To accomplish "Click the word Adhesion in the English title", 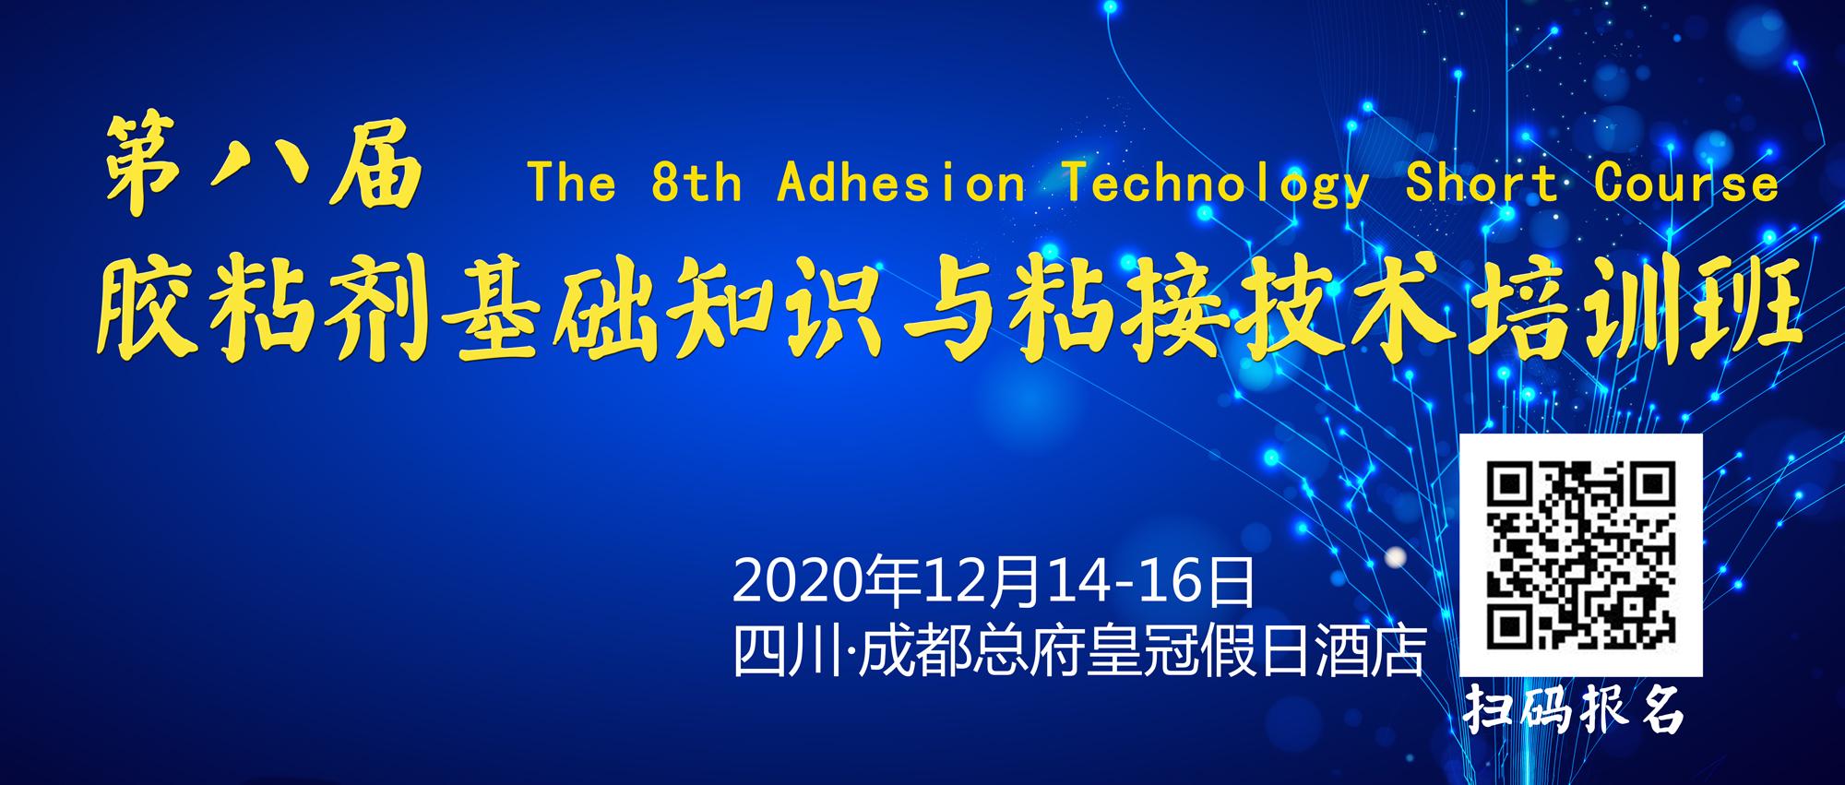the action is point(901,183).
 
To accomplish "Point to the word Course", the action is point(1686,183).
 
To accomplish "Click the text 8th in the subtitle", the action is point(696,182).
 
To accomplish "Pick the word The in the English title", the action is point(571,182).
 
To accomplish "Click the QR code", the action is point(1580,555).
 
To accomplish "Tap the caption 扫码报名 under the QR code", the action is point(1574,709).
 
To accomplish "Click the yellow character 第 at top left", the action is point(143,163).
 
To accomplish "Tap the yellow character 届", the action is point(376,163).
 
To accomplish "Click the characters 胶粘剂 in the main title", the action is point(261,306).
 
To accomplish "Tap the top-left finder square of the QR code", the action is point(1510,484).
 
